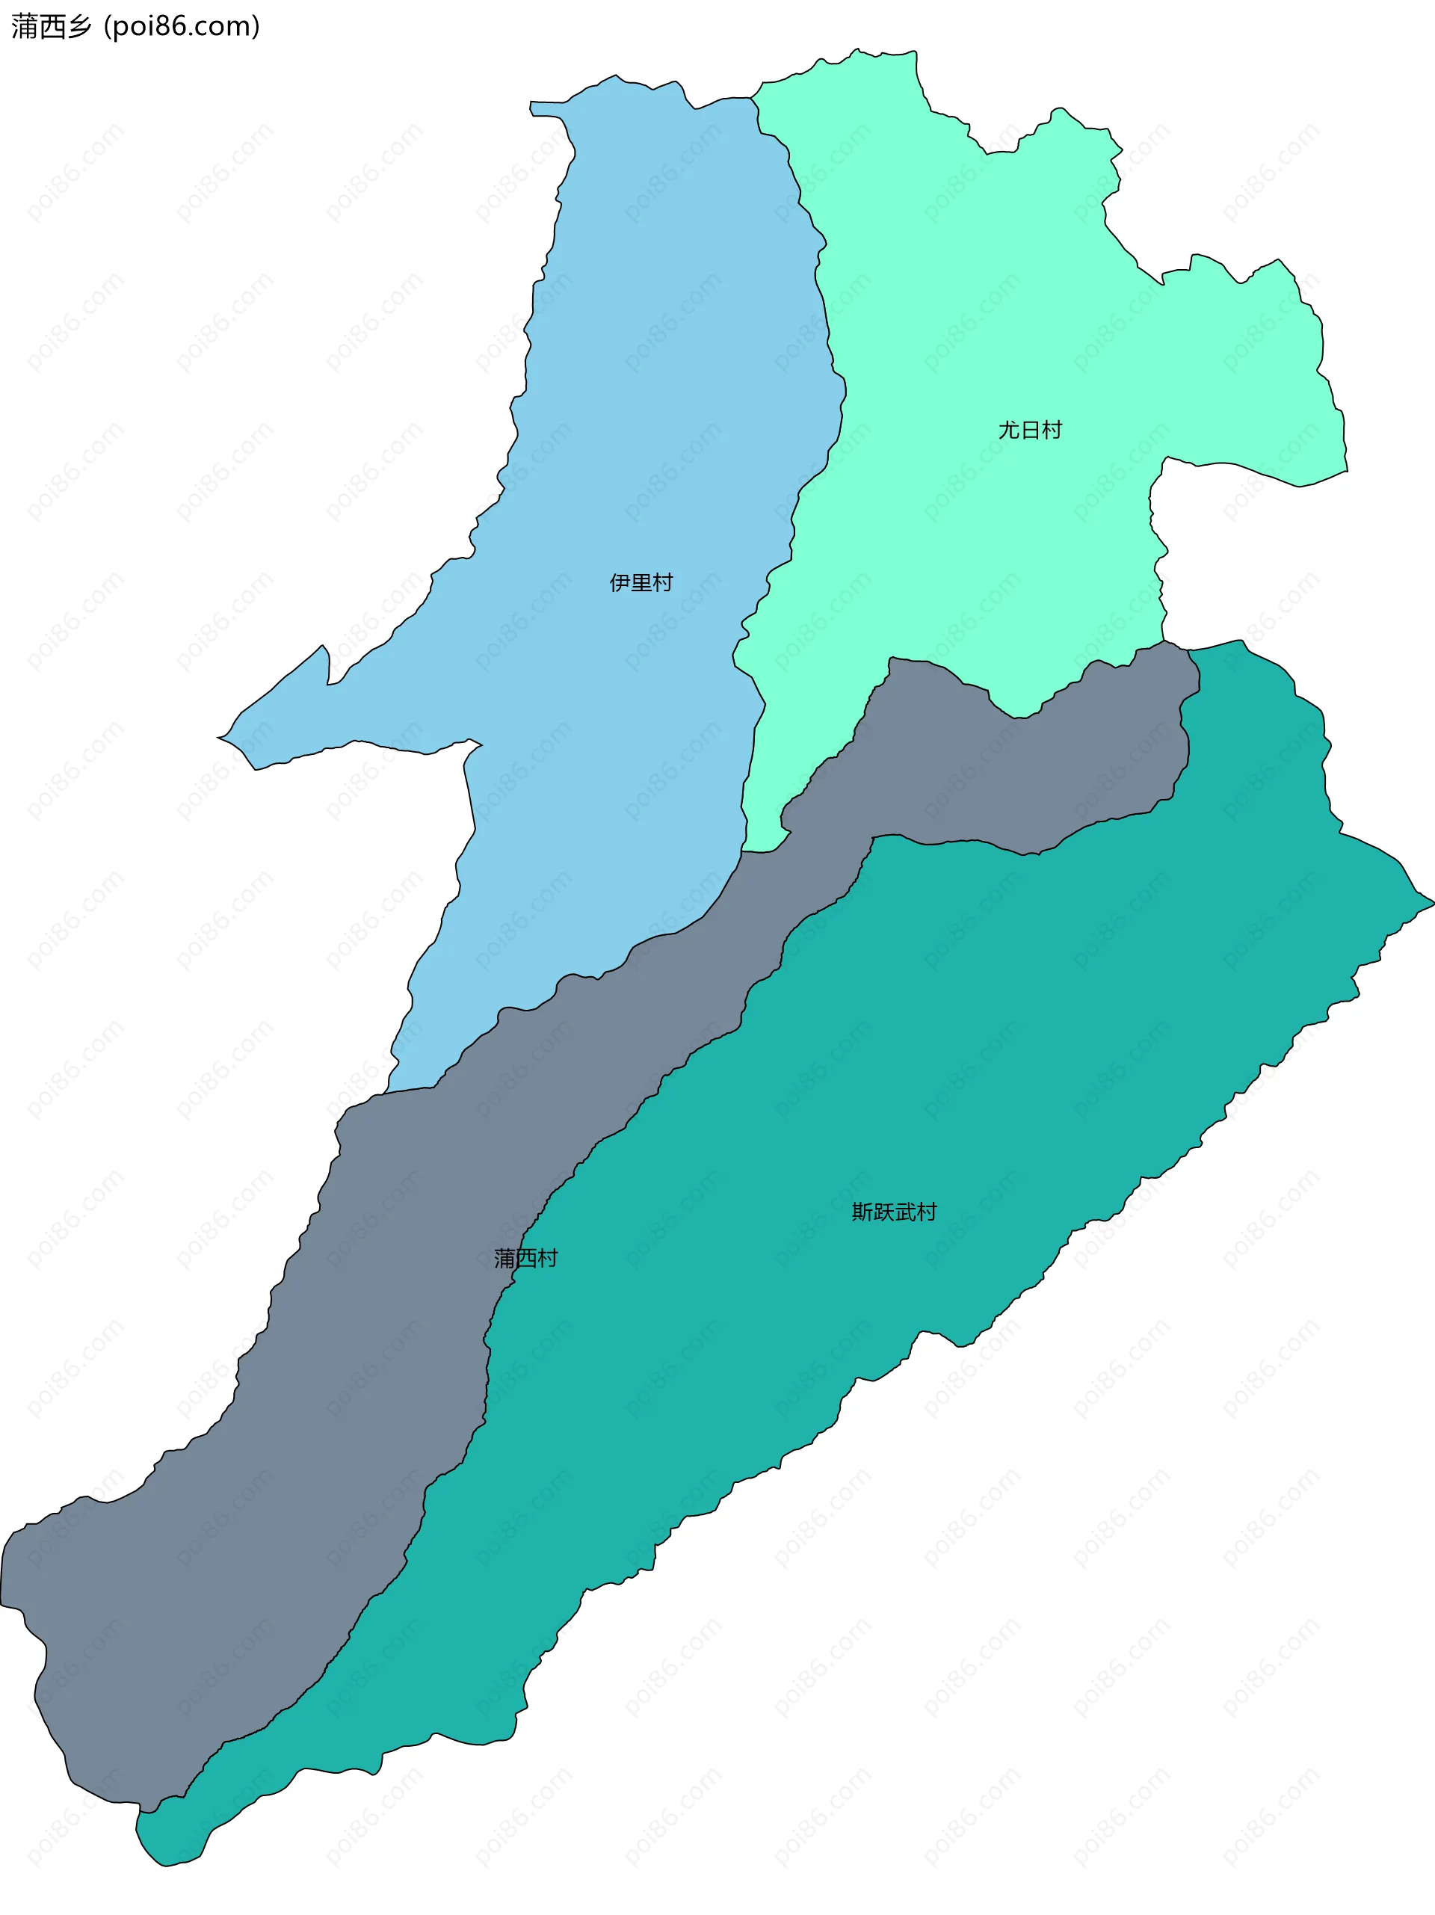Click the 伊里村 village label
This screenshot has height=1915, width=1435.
click(641, 582)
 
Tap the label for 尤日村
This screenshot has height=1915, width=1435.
click(1030, 431)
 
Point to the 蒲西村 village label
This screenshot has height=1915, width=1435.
click(525, 1258)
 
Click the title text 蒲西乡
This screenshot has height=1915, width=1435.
click(51, 27)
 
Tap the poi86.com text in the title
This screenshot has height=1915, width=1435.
click(182, 27)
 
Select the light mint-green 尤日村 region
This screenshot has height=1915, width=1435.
click(996, 303)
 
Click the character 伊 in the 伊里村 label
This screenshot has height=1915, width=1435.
click(620, 582)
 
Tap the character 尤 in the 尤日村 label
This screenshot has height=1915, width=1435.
click(1009, 431)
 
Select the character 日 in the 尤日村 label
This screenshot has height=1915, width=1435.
click(1030, 431)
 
